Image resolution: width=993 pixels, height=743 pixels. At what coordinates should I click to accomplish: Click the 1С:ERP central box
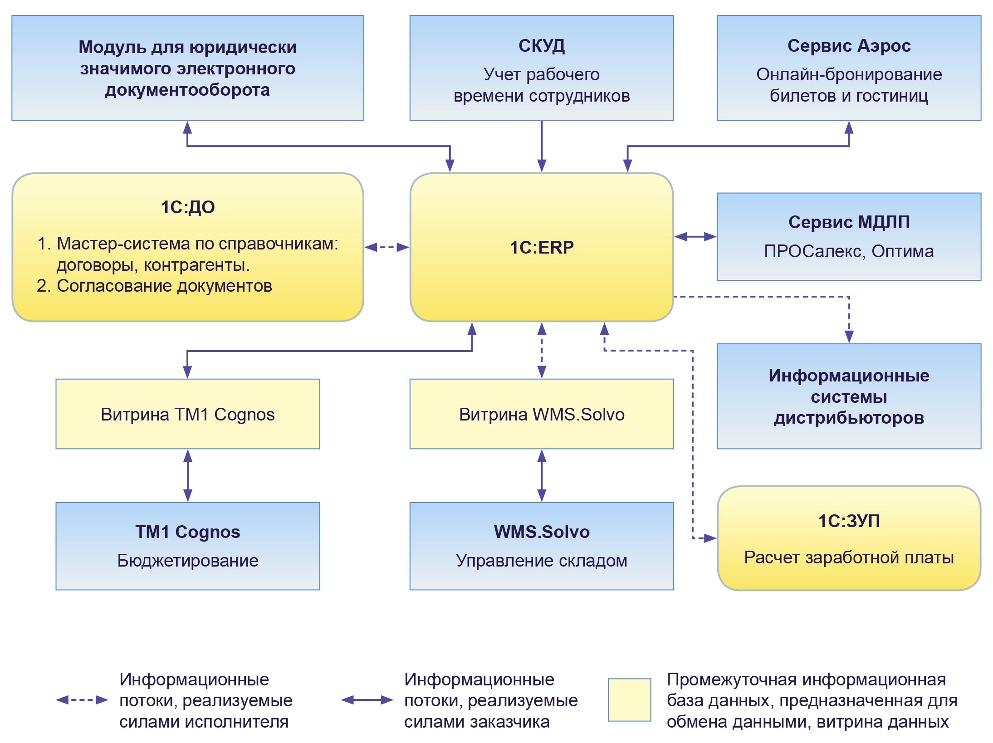point(541,247)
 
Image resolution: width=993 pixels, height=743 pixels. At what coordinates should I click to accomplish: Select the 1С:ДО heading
point(188,207)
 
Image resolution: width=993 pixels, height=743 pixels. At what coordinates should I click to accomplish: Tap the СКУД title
point(541,46)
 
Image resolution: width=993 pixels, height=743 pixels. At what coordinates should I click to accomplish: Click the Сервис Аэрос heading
point(849,46)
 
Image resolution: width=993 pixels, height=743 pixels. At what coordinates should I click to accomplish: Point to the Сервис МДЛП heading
point(849,222)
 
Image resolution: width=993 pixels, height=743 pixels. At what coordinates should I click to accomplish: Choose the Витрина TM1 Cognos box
point(188,414)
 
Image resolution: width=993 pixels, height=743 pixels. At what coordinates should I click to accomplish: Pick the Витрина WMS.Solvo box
point(541,414)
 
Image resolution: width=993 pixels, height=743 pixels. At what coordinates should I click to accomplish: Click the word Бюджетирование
point(188,561)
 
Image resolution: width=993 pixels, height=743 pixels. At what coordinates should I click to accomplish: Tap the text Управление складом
point(541,561)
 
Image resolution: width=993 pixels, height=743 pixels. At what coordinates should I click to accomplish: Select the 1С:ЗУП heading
point(849,521)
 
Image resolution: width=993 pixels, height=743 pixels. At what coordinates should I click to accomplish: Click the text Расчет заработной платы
point(849,557)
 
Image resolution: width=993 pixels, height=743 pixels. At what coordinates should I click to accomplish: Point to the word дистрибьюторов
point(849,418)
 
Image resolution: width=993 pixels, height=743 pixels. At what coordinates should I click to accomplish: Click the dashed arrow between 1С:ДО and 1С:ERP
point(387,247)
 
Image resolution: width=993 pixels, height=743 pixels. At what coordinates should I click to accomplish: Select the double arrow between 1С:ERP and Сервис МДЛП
point(695,236)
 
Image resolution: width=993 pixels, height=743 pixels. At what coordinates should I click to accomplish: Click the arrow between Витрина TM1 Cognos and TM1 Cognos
point(188,475)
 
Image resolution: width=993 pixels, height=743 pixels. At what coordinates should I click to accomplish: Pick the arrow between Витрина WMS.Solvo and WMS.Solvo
point(541,475)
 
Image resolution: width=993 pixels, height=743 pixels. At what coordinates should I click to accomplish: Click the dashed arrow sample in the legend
point(82,700)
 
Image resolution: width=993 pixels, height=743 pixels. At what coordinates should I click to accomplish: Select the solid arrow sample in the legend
point(367,700)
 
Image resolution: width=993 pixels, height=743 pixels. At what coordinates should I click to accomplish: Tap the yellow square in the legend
point(629,700)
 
